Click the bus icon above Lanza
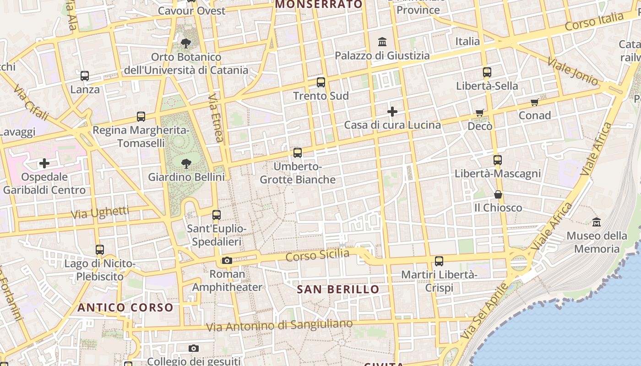[85, 76]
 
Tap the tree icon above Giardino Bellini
[186, 163]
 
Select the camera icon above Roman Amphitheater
[227, 261]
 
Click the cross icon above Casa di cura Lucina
[392, 112]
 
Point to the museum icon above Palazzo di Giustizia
[382, 43]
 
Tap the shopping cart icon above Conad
[534, 102]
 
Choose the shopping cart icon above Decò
[480, 113]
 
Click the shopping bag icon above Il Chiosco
[498, 195]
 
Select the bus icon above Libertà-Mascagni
[498, 160]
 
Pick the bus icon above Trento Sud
[321, 82]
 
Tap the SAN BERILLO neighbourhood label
[338, 290]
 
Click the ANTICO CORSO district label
[125, 307]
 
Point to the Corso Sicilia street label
[317, 255]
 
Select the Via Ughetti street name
[100, 212]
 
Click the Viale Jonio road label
[572, 71]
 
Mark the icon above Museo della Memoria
[597, 222]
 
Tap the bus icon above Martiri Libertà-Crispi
[439, 261]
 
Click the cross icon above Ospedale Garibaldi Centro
[44, 163]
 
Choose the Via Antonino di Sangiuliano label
[279, 326]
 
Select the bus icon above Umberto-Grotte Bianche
[298, 153]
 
